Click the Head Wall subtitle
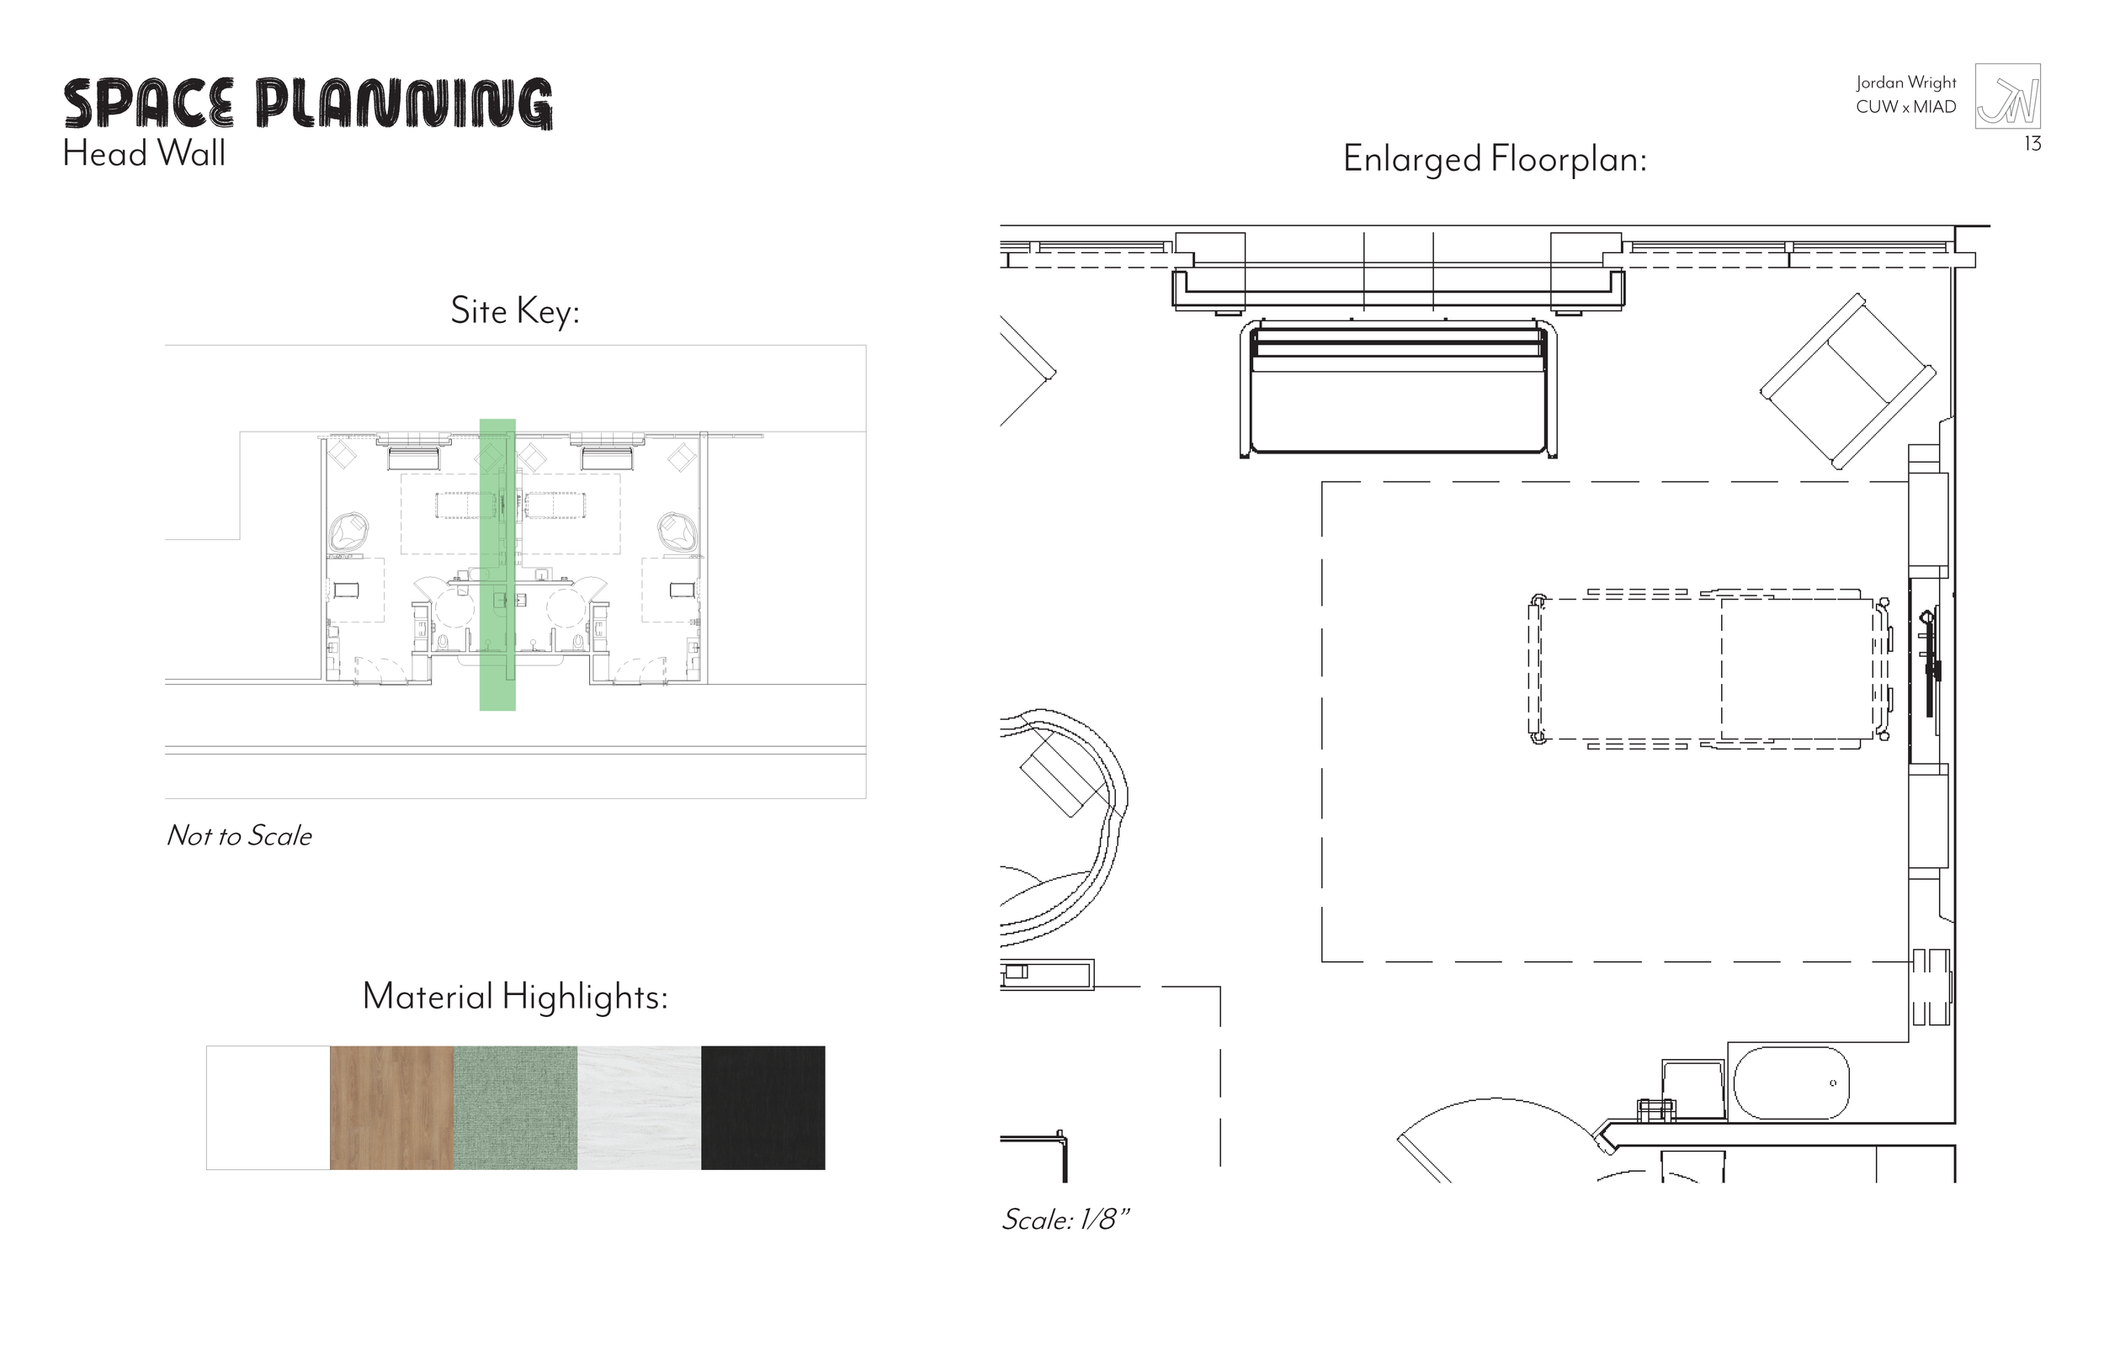coord(144,154)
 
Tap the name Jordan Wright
coord(1905,82)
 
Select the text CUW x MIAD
coord(1905,107)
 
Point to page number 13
coord(2032,144)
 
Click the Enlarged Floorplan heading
coord(1494,159)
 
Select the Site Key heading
coord(514,311)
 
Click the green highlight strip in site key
coord(497,565)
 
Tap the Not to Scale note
coord(239,836)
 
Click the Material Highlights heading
coord(514,997)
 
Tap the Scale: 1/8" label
coord(1065,1220)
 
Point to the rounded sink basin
coord(1791,1083)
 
